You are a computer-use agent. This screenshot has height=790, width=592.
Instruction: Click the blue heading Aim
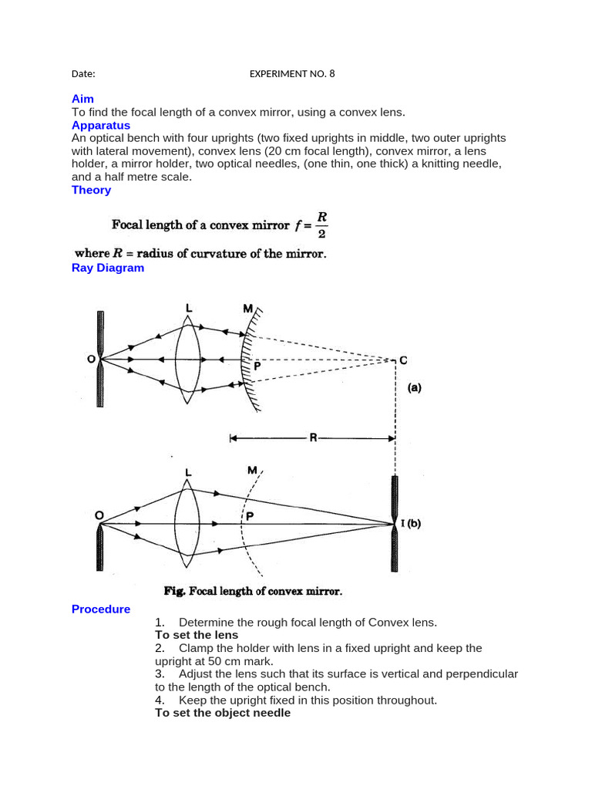82,100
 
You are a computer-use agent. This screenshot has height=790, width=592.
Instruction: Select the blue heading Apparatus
101,125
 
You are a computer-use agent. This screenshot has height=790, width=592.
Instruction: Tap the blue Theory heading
91,190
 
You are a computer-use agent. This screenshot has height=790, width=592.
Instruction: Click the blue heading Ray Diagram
108,268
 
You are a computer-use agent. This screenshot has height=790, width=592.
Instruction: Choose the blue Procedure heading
101,609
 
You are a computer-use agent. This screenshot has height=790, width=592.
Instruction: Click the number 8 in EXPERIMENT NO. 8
332,74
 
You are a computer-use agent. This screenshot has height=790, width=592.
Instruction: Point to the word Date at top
83,74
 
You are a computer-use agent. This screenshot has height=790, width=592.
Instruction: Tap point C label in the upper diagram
403,360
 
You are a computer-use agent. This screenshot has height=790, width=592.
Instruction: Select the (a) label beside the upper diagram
414,389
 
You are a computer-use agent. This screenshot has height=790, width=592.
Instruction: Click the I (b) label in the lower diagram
411,524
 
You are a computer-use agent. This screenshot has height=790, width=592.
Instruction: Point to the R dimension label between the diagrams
313,438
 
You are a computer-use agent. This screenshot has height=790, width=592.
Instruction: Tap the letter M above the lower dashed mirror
252,469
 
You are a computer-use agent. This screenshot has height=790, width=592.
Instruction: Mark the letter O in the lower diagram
99,515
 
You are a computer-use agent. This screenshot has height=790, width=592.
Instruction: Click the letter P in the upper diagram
257,367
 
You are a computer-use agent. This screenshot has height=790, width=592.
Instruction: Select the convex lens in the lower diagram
187,525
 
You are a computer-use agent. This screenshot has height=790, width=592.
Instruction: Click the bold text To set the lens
197,635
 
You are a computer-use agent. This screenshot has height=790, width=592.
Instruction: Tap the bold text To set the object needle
223,713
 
